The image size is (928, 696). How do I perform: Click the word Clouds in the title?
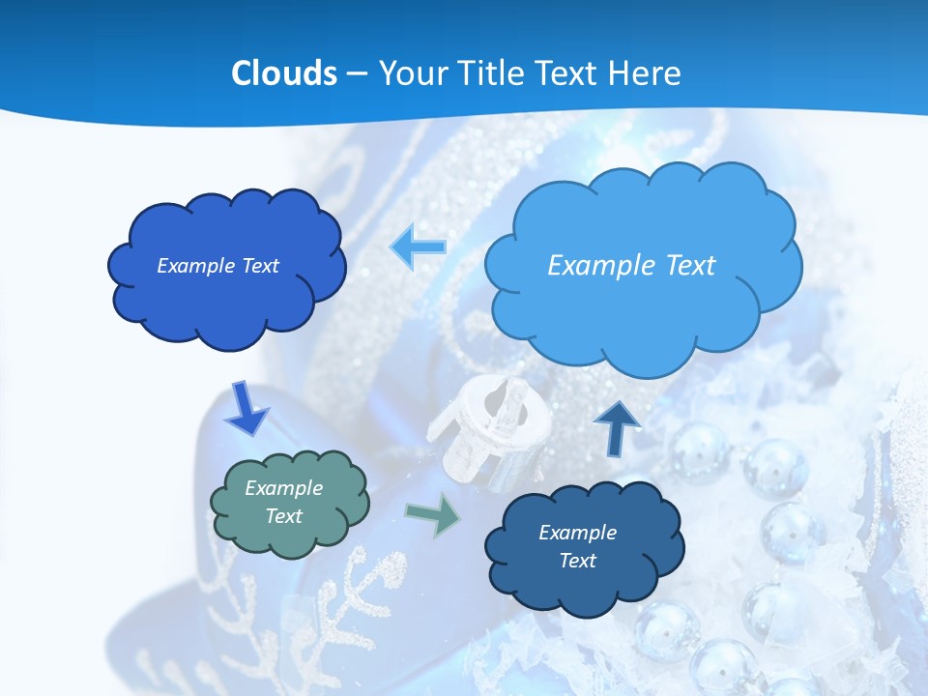tap(284, 73)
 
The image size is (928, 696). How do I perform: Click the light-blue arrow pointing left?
tap(418, 247)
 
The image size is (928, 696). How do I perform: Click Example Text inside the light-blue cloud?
tap(631, 266)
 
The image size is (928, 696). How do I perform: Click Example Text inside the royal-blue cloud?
tap(217, 266)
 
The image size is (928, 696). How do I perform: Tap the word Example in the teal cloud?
tap(283, 488)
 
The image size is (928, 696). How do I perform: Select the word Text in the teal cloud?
tap(283, 516)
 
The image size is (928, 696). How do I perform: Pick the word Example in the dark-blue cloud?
tap(577, 533)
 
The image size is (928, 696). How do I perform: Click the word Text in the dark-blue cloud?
tap(577, 561)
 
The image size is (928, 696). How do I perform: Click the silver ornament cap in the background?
tap(488, 430)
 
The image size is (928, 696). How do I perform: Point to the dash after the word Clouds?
tap(357, 74)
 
